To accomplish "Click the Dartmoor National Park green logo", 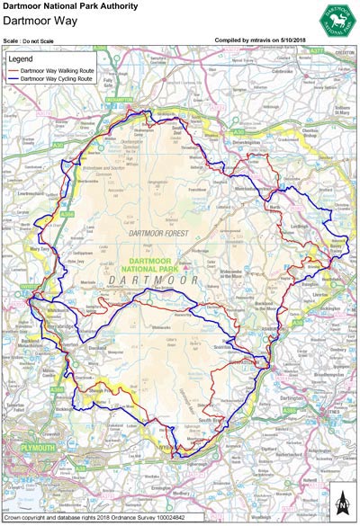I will (x=334, y=17).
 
